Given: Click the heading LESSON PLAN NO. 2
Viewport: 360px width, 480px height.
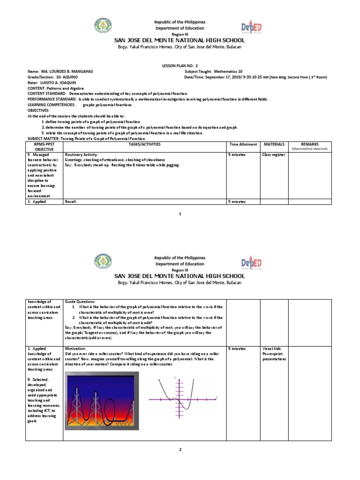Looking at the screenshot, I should [180, 66].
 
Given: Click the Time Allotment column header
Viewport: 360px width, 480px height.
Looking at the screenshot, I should [243, 144].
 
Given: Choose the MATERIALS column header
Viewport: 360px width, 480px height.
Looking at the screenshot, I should [274, 144].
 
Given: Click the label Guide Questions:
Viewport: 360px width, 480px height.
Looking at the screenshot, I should [80, 301].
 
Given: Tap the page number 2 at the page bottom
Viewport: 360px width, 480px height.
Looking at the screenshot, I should [180, 450].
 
